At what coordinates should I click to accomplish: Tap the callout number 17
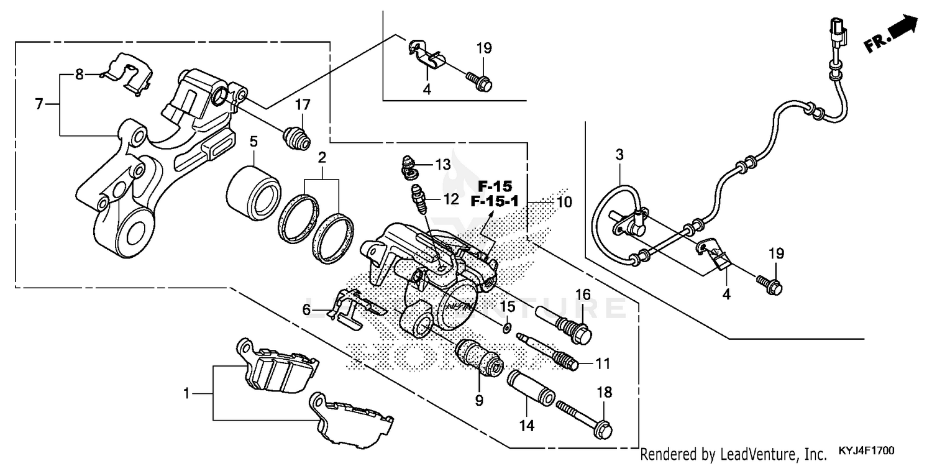click(302, 104)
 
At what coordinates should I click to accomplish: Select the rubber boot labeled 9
click(479, 358)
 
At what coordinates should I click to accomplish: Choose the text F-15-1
click(495, 201)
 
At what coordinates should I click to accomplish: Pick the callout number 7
click(39, 104)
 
